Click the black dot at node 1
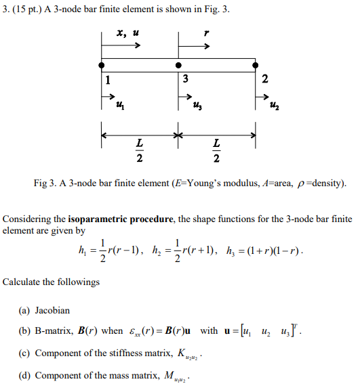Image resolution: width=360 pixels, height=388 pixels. (101, 65)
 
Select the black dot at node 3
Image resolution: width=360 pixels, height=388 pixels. (178, 65)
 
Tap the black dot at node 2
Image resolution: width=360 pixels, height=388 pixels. (256, 65)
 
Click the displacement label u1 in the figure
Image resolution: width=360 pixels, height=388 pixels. (120, 104)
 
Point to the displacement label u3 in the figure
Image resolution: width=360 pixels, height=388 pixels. (197, 104)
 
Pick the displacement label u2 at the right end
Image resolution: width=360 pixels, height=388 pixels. (274, 104)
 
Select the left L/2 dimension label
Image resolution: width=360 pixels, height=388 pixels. (139, 150)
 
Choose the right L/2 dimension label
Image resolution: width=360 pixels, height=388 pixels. (216, 150)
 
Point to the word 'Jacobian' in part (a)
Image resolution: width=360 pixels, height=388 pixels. (52, 310)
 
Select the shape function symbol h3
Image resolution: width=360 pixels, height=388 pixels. (228, 252)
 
